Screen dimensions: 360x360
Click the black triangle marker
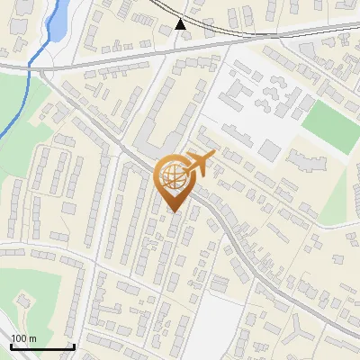click(182, 24)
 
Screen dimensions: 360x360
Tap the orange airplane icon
click(201, 164)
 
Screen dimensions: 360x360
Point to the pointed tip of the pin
click(175, 211)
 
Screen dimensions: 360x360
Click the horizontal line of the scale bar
click(42, 346)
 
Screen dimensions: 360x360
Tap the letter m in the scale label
click(32, 338)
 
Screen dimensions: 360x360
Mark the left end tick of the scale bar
click(11, 346)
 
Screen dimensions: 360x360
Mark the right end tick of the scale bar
click(74, 346)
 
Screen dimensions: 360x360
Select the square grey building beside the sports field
click(271, 150)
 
